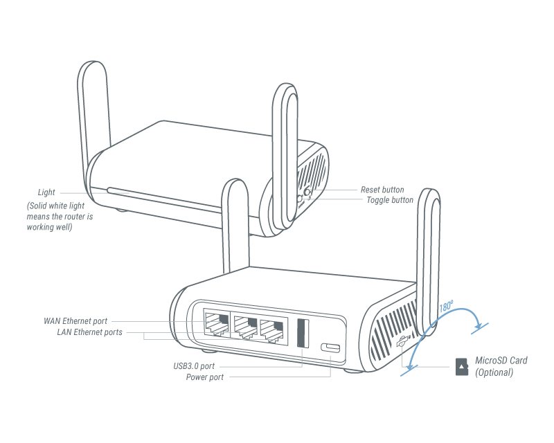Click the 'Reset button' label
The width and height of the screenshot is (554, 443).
pyautogui.click(x=382, y=190)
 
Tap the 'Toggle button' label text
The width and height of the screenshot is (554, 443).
pyautogui.click(x=389, y=200)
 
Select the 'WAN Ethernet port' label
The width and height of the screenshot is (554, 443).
pyautogui.click(x=75, y=321)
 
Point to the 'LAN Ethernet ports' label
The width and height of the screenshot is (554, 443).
pyautogui.click(x=89, y=332)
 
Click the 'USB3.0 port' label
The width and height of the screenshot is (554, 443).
pyautogui.click(x=193, y=366)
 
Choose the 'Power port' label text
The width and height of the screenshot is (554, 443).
pyautogui.click(x=204, y=377)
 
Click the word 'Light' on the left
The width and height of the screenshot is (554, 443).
pyautogui.click(x=46, y=192)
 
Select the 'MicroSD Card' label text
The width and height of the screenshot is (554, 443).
pyautogui.click(x=501, y=361)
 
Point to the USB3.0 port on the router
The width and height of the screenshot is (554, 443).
pyautogui.click(x=303, y=333)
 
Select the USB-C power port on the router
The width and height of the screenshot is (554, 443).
pyautogui.click(x=331, y=347)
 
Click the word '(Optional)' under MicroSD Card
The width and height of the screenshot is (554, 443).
pyautogui.click(x=494, y=372)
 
